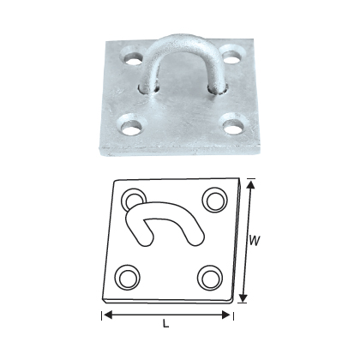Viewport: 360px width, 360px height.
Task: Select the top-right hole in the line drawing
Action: coord(211,199)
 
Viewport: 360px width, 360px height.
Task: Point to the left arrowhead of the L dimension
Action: coord(106,315)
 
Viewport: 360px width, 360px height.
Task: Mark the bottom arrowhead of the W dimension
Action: coord(242,300)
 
